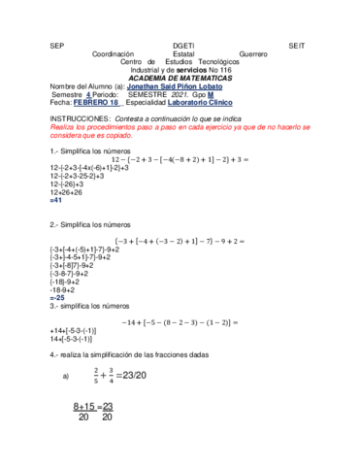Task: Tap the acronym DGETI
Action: (183, 45)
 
